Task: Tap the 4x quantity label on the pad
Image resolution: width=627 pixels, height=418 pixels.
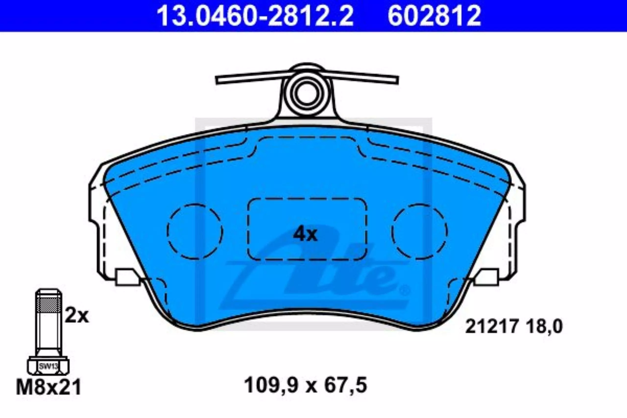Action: pyautogui.click(x=305, y=234)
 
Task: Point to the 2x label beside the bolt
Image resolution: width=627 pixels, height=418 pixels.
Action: pyautogui.click(x=77, y=316)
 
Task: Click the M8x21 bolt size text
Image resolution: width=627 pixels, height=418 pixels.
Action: pyautogui.click(x=48, y=388)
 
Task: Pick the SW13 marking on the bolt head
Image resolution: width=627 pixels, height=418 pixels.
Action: pyautogui.click(x=48, y=366)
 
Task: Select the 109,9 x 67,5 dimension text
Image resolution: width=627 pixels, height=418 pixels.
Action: pyautogui.click(x=305, y=386)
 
